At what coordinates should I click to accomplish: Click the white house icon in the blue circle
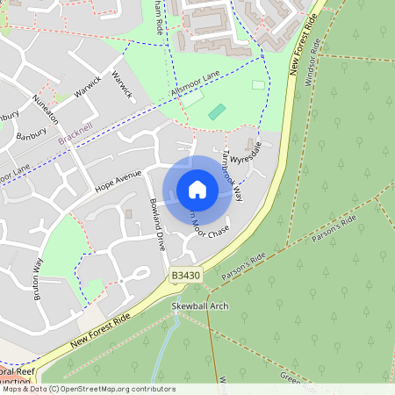[x=197, y=189]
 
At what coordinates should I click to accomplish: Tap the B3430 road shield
[x=184, y=276]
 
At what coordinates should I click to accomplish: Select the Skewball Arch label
[x=198, y=306]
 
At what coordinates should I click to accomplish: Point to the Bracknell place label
[x=75, y=138]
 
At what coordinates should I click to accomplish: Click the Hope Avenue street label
[x=118, y=179]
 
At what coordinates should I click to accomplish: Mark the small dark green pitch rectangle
[x=217, y=112]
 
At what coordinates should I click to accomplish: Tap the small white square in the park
[x=258, y=85]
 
